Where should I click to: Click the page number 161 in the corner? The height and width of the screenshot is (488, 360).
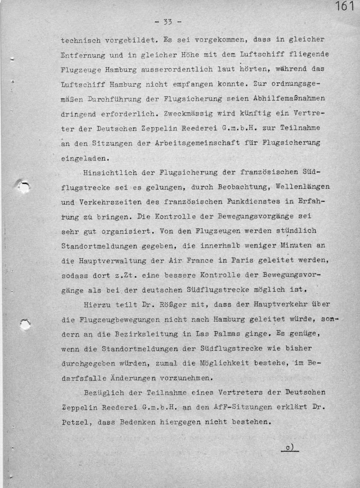coord(345,7)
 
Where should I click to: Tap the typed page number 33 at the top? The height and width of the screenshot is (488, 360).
coord(167,22)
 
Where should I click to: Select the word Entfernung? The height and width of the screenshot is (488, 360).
coord(82,55)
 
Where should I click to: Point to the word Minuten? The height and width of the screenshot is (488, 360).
coord(296,246)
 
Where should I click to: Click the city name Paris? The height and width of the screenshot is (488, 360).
coord(228,261)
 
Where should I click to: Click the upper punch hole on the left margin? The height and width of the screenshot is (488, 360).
coord(23,186)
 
